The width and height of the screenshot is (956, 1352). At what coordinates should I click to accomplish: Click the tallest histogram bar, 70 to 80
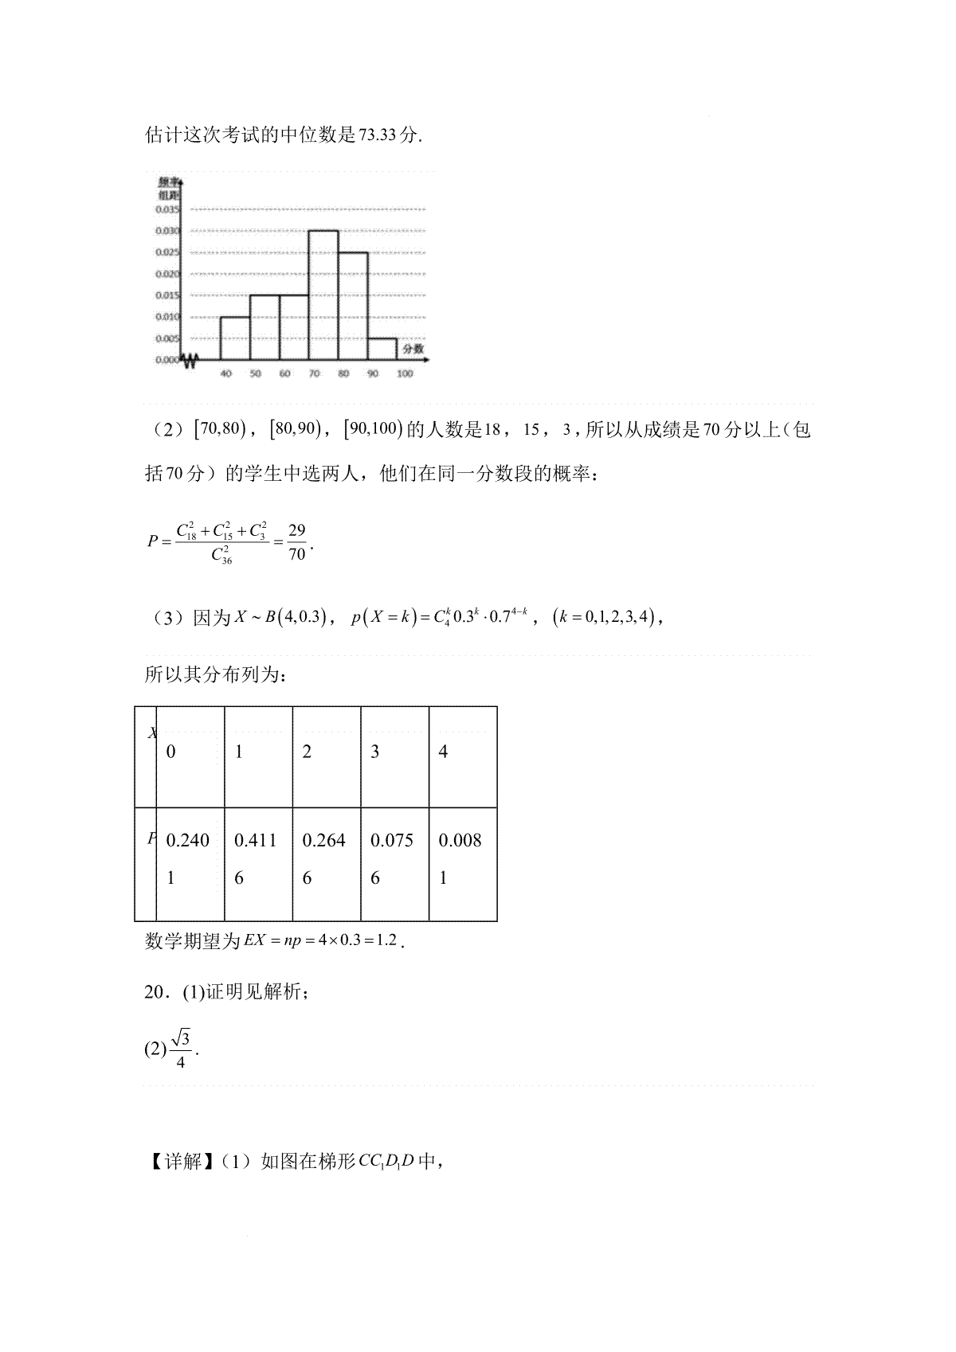[x=323, y=295]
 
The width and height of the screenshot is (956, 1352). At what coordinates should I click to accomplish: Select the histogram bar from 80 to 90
[x=353, y=306]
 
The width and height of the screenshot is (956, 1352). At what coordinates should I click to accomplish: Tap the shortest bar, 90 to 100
[x=382, y=349]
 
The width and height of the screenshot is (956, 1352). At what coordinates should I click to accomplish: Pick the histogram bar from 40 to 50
[x=235, y=338]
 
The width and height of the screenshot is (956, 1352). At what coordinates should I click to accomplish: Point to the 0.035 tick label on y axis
[x=167, y=209]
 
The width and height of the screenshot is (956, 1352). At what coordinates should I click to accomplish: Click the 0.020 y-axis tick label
[x=167, y=274]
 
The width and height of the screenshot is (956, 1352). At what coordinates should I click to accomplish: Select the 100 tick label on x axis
[x=405, y=373]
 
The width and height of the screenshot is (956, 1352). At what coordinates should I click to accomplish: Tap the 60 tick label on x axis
[x=284, y=373]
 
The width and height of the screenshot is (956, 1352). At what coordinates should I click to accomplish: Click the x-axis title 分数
[x=413, y=349]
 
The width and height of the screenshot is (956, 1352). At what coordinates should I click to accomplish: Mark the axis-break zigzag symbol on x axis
[x=190, y=361]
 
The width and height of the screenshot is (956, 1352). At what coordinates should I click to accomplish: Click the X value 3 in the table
[x=375, y=752]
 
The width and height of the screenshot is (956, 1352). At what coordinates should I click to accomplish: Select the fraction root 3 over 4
[x=181, y=1049]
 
